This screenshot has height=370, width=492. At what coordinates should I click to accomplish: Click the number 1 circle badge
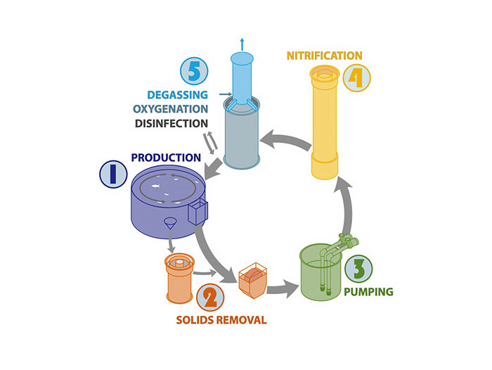(x=112, y=174)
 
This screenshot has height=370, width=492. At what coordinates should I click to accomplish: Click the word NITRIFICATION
(x=324, y=55)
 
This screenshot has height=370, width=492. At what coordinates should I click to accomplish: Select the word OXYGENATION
(x=170, y=109)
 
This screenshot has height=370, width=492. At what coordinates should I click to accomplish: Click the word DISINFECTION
(x=171, y=124)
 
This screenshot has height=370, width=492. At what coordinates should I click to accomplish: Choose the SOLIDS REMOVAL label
(x=221, y=321)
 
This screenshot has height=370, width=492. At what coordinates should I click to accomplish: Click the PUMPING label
(x=368, y=291)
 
